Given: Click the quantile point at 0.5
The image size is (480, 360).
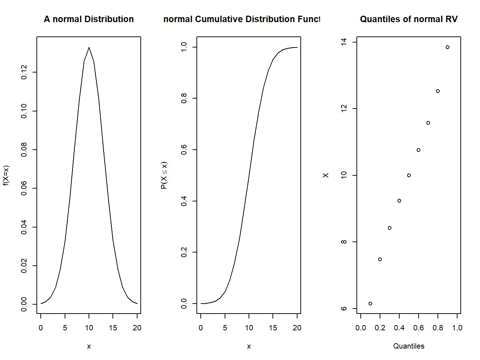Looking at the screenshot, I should point(409,175).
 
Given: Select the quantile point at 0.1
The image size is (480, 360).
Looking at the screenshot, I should point(370,304).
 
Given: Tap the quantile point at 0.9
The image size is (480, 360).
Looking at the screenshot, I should point(447,47).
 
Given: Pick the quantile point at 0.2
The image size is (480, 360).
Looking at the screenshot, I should point(380,259).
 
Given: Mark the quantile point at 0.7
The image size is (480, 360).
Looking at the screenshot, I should point(428,123).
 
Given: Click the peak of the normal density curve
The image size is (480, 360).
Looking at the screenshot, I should point(89,47).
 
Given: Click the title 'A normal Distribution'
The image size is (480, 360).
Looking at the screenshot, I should point(89,19).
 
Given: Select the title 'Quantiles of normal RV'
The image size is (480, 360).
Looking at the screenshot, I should point(409,19).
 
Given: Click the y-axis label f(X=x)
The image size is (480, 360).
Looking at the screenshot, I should point(6,175).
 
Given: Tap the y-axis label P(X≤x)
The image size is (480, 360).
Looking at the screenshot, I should point(164,175).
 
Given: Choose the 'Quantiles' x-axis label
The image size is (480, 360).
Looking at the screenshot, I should point(409,346).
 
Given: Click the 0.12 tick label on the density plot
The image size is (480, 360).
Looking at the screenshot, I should point(24,72).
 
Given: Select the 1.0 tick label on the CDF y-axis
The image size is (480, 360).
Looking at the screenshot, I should point(184,47).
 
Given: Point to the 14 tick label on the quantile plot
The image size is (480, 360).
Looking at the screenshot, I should point(344,42).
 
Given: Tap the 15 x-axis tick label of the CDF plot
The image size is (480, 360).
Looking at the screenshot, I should point(273,328).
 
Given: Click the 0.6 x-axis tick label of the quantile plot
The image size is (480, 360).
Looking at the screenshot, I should point(419,328).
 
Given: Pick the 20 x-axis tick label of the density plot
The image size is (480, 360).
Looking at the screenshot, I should point(137,328).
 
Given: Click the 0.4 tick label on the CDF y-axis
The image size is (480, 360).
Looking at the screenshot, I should point(184,201).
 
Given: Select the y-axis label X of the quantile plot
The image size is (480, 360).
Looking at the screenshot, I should point(325,175).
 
